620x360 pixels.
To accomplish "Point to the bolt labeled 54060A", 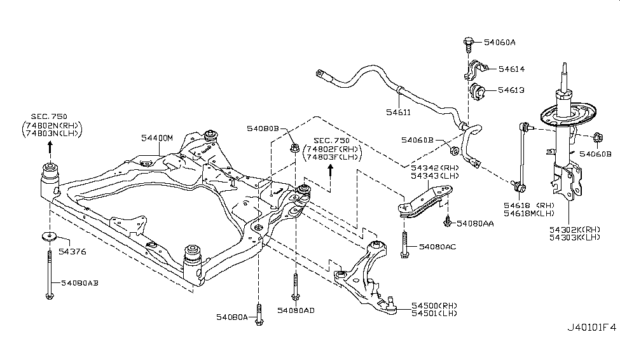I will tap(467, 44).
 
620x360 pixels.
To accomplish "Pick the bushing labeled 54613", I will tap(477, 92).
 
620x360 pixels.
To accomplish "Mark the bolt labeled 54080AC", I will tap(404, 246).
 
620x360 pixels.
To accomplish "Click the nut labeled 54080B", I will tap(295, 149).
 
